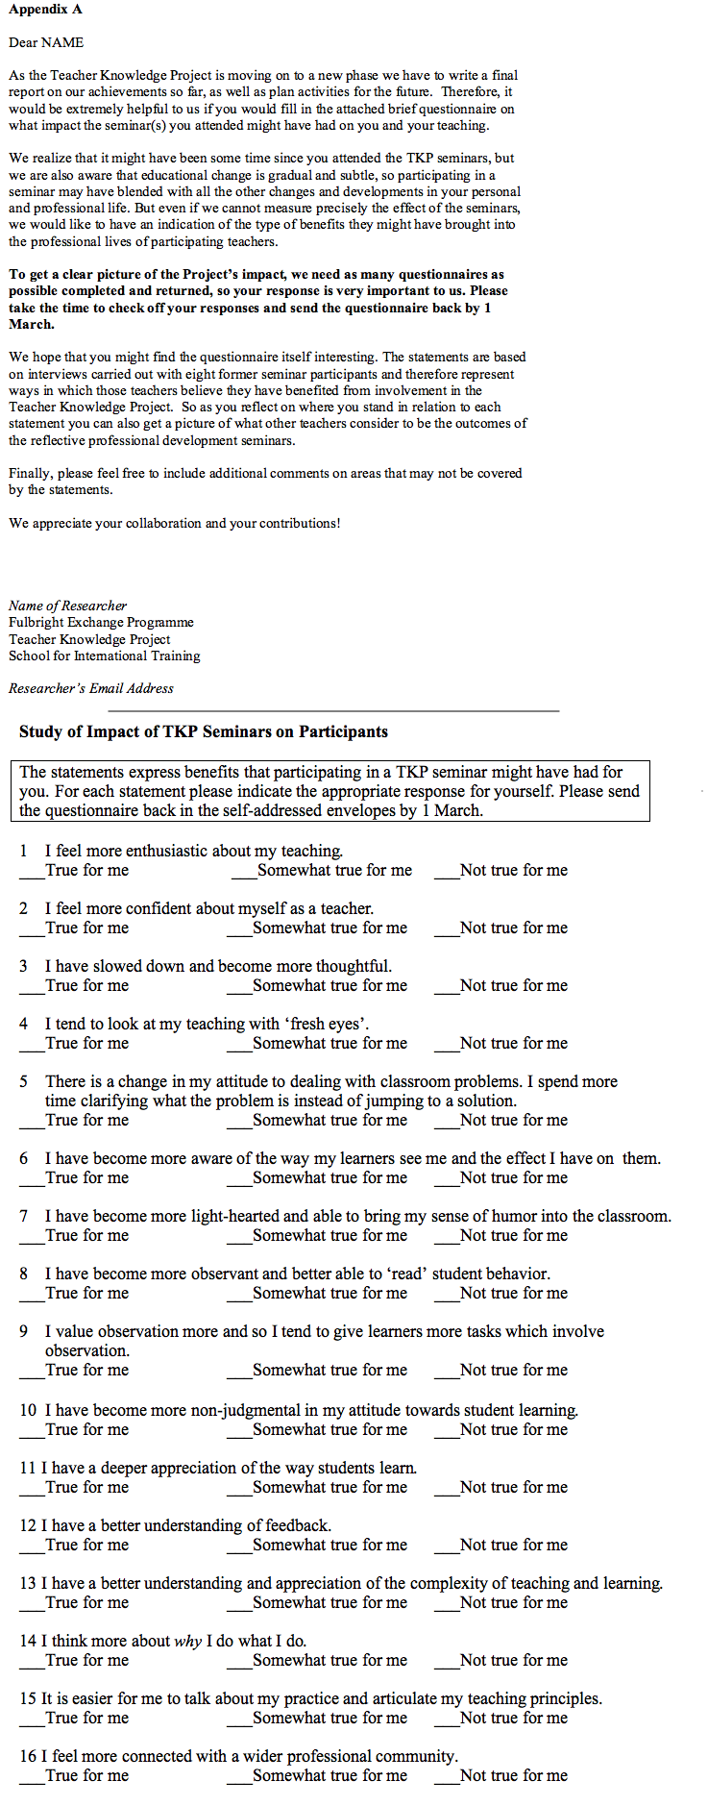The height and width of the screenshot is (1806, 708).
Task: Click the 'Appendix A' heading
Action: tap(45, 10)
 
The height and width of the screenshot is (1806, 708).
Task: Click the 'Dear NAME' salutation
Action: tap(46, 42)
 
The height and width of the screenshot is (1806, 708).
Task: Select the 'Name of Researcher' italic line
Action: tap(67, 606)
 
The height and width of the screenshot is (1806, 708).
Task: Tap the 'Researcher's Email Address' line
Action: tap(91, 688)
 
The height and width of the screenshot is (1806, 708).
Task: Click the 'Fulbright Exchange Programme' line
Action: tap(101, 622)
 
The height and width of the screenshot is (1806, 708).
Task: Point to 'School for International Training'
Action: tap(105, 656)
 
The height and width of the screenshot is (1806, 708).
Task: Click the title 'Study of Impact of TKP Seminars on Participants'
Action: tap(204, 731)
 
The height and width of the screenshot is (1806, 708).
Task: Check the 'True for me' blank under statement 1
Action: tap(32, 872)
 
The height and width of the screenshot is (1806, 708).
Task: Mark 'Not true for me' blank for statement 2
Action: tap(446, 929)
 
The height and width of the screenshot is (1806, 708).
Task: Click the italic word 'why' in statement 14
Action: tap(187, 1641)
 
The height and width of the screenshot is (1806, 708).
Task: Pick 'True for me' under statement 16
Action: tap(32, 1777)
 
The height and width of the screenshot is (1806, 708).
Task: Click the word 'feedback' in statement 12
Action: tap(297, 1525)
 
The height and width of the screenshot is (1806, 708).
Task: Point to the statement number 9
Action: tap(24, 1331)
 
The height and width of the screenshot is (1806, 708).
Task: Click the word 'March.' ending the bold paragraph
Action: tap(32, 324)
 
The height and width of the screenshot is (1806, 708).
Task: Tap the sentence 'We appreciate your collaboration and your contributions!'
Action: tap(175, 523)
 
